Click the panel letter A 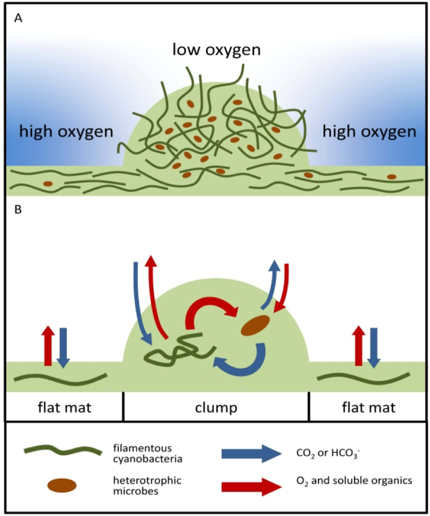[x=19, y=19]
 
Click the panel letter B [x=19, y=212]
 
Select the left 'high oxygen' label [x=66, y=132]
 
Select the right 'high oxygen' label [x=369, y=132]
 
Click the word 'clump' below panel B [x=217, y=408]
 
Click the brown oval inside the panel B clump [x=255, y=326]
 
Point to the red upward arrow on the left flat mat [x=48, y=346]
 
